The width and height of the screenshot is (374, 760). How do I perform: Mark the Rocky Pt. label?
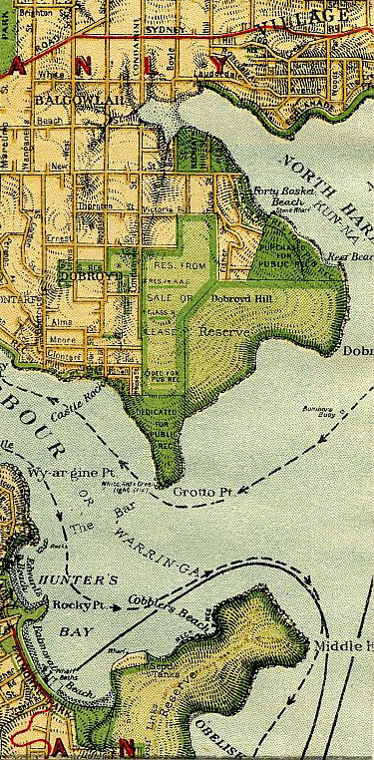[81, 603]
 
